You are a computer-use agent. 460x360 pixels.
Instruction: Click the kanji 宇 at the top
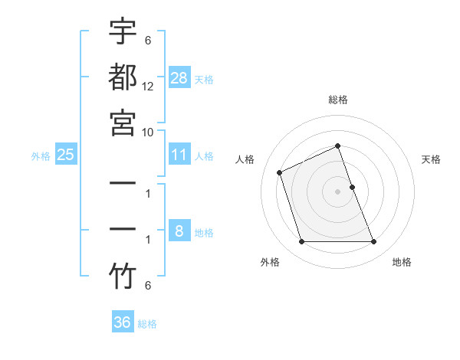click(123, 32)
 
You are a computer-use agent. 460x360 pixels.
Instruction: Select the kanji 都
click(123, 77)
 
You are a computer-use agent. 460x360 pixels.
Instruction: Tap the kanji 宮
click(123, 121)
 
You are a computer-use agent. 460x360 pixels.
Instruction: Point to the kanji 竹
click(123, 276)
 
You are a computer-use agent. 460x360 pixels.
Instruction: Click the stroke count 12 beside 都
click(148, 87)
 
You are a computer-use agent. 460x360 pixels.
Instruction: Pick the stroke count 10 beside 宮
click(148, 132)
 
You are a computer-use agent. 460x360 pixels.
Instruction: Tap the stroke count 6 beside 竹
click(148, 286)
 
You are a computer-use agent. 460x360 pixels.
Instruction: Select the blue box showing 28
click(179, 77)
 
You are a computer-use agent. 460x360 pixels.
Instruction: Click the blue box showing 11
click(179, 155)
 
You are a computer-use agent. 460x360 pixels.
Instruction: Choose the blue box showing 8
click(179, 231)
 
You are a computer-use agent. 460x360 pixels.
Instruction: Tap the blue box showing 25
click(65, 155)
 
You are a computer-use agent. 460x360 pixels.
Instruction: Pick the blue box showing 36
click(123, 322)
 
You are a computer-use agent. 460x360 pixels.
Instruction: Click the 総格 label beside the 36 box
click(147, 323)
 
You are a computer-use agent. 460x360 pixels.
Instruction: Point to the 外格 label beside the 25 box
click(41, 155)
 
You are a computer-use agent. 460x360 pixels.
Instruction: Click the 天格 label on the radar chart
click(431, 159)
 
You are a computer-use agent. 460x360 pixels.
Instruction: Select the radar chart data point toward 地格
click(374, 242)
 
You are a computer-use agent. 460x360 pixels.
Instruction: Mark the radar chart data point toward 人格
click(281, 172)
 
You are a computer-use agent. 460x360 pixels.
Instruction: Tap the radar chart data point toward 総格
click(337, 146)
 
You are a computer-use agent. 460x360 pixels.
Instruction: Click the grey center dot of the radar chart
click(337, 191)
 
